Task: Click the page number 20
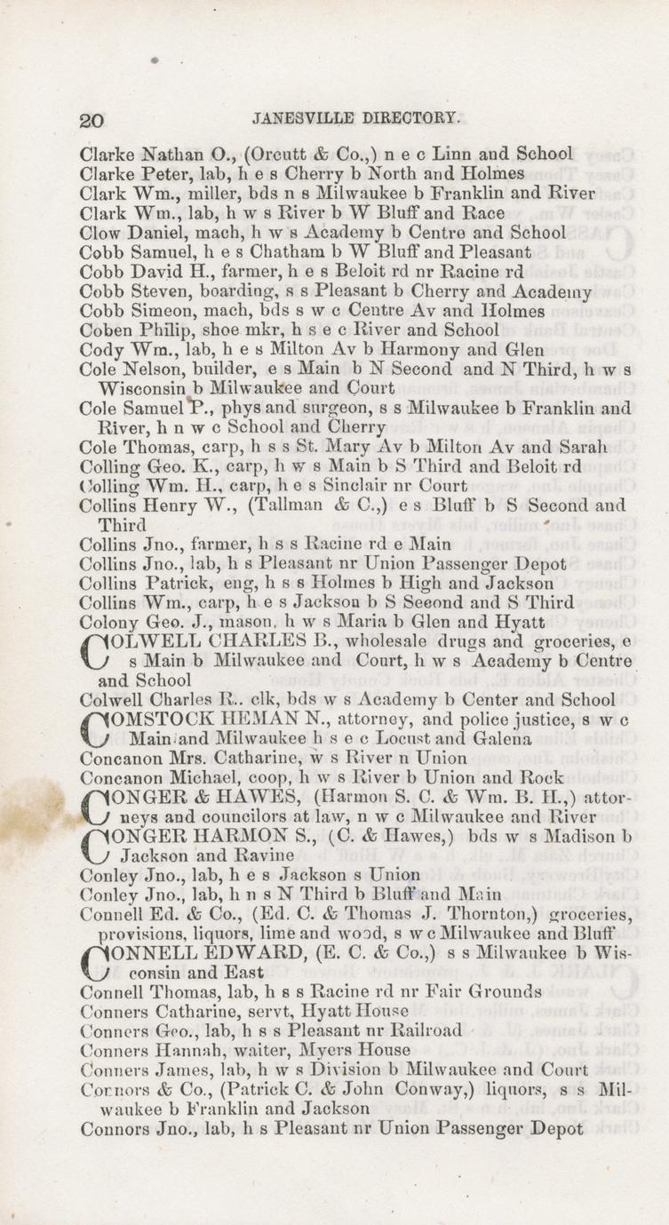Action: [x=92, y=120]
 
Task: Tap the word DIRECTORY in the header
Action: [x=399, y=117]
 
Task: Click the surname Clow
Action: [x=100, y=232]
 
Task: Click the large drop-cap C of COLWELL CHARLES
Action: [x=93, y=651]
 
